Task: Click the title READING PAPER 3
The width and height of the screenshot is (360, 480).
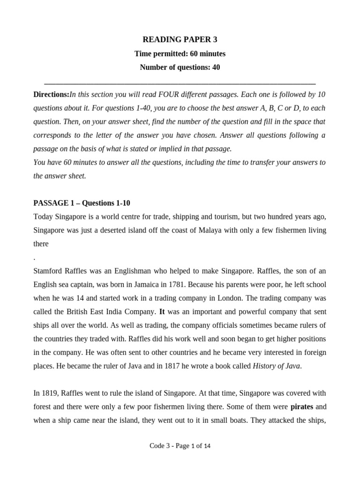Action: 180,40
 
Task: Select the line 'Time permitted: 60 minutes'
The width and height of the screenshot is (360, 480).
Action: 180,54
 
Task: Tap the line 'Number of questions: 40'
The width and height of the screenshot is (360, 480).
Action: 180,67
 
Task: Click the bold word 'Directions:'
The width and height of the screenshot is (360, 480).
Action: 52,95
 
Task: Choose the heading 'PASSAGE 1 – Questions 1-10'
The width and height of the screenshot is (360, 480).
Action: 82,203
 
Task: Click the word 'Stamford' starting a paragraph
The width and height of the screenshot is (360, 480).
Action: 48,271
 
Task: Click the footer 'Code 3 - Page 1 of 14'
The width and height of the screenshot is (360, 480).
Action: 180,446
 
